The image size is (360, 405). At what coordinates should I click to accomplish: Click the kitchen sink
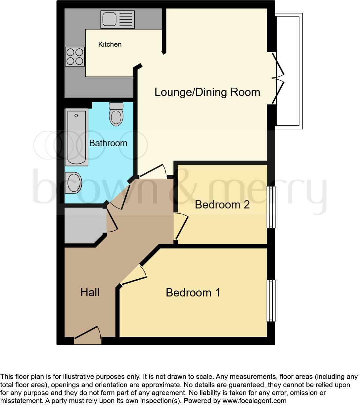click(118, 20)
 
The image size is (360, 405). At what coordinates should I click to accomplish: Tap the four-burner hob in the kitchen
click(75, 57)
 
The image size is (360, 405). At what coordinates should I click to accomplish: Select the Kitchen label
click(110, 44)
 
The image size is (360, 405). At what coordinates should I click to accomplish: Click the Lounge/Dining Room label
click(207, 92)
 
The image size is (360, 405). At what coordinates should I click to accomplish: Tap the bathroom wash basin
click(73, 183)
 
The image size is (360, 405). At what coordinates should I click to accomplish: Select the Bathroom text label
click(108, 143)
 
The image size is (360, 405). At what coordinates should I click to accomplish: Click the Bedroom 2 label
click(222, 204)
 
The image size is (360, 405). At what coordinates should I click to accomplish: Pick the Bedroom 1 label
click(193, 292)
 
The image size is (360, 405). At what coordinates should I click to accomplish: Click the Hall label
click(90, 292)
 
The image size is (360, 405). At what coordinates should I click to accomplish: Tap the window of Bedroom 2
click(271, 207)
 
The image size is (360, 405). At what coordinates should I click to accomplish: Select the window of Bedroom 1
click(271, 300)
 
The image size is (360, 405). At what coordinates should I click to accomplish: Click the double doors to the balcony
click(277, 79)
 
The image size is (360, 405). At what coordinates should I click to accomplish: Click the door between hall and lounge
click(152, 171)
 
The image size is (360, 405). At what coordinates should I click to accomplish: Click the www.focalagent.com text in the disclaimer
click(254, 401)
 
